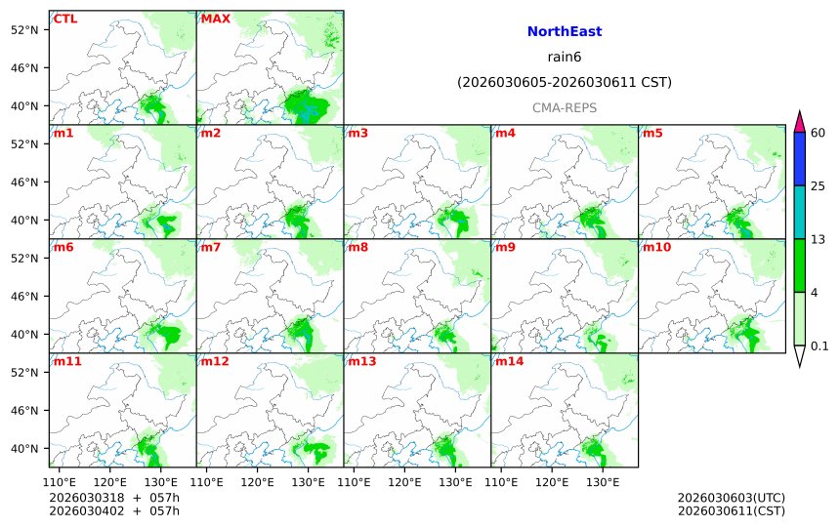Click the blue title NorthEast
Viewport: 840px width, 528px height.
(564, 32)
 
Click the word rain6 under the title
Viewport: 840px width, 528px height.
(564, 58)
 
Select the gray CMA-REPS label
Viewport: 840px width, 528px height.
(564, 108)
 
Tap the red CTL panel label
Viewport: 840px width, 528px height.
(65, 19)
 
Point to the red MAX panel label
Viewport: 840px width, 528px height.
(215, 19)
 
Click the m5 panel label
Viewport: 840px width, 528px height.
(652, 133)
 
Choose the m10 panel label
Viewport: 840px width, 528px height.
(656, 247)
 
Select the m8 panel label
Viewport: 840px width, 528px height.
(358, 247)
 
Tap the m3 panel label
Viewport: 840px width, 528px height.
(358, 133)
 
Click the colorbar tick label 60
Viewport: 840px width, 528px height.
(819, 133)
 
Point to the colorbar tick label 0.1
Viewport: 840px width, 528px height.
(819, 346)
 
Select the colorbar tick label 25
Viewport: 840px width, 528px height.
(819, 186)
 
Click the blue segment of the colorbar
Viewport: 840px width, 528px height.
(799, 159)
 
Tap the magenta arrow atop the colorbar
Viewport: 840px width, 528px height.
(799, 122)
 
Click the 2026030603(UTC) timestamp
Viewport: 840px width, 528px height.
(731, 498)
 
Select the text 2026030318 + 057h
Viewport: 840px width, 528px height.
(114, 498)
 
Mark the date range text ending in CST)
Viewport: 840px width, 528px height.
(564, 83)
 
